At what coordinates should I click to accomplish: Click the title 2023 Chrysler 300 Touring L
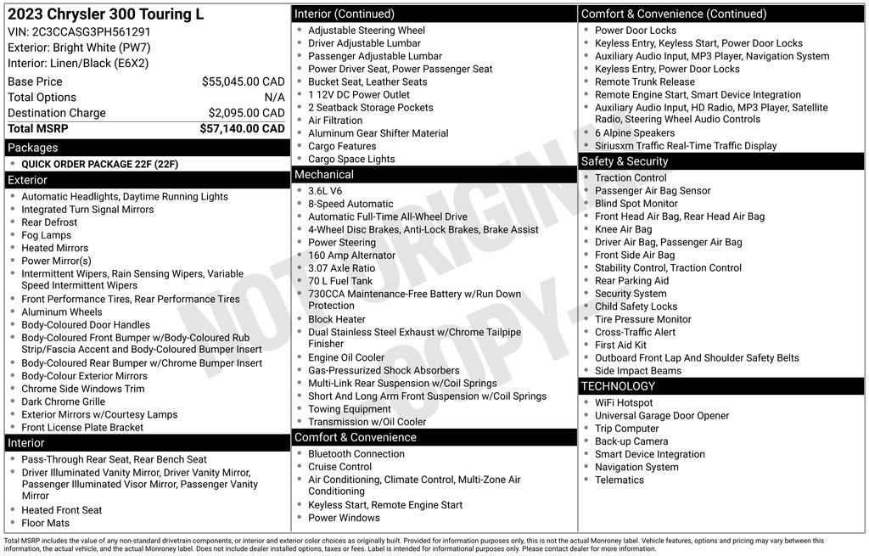pyautogui.click(x=105, y=15)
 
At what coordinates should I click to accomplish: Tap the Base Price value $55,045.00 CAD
pyautogui.click(x=243, y=81)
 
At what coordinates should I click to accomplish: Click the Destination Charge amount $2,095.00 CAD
pyautogui.click(x=246, y=113)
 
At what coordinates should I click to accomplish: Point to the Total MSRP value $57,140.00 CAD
pyautogui.click(x=242, y=129)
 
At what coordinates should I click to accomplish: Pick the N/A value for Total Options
pyautogui.click(x=274, y=98)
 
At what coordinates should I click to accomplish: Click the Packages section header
pyautogui.click(x=33, y=148)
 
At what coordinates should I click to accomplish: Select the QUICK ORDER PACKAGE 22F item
pyautogui.click(x=99, y=165)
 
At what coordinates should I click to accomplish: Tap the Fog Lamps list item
pyautogui.click(x=46, y=235)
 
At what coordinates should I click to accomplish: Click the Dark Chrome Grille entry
pyautogui.click(x=63, y=402)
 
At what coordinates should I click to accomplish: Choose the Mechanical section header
pyautogui.click(x=323, y=175)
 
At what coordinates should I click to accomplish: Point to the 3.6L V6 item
pyautogui.click(x=325, y=191)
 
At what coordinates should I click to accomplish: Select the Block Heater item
pyautogui.click(x=336, y=319)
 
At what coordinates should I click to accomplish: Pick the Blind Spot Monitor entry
pyautogui.click(x=636, y=204)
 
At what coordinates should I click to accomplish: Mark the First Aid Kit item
pyautogui.click(x=620, y=345)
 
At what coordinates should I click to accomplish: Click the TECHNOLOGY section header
pyautogui.click(x=618, y=386)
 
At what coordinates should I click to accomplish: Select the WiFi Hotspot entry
pyautogui.click(x=624, y=403)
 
